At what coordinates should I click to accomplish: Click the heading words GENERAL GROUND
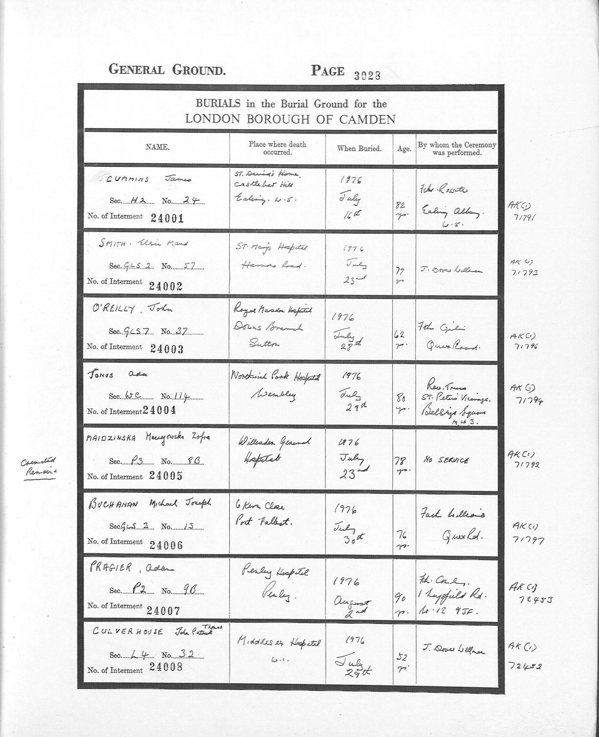[167, 70]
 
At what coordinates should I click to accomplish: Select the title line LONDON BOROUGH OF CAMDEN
[290, 119]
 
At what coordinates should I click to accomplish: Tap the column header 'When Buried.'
[359, 148]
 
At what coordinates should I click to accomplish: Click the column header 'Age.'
[404, 149]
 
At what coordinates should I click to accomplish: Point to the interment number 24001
[167, 218]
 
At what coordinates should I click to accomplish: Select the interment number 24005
[166, 476]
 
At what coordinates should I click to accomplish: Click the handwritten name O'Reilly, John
[133, 309]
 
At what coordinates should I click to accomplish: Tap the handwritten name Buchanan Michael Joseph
[150, 504]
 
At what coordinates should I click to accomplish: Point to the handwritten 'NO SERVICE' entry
[446, 460]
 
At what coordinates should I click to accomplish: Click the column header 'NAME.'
[157, 147]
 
